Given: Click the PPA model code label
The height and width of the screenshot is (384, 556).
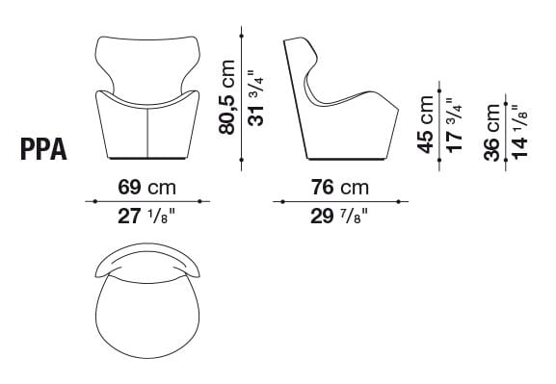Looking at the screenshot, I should click(x=42, y=150).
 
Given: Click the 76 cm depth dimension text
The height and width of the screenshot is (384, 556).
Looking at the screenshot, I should click(x=339, y=186).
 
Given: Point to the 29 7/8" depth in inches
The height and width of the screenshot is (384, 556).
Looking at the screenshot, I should click(x=339, y=218).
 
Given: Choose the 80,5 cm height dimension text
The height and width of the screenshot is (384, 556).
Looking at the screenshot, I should click(x=226, y=99).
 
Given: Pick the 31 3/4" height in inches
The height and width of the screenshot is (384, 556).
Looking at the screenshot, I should click(x=255, y=99).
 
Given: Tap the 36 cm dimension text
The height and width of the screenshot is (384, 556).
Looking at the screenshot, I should click(x=491, y=135).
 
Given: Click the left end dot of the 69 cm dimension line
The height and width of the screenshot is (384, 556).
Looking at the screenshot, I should click(x=93, y=201).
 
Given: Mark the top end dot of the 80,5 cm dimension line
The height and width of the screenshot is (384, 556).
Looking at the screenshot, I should click(x=241, y=37).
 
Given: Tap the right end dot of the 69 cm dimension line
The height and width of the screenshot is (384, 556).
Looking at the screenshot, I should click(x=200, y=201).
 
